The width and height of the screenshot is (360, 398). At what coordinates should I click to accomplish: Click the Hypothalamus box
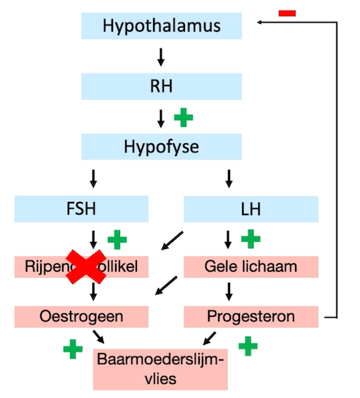[x=162, y=26]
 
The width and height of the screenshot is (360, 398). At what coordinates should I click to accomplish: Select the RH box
[x=162, y=87]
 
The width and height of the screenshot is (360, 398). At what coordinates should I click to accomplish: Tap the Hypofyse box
[x=162, y=147]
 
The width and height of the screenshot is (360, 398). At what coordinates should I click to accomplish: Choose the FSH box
[x=82, y=209]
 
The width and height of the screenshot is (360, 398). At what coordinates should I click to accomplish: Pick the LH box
[x=251, y=209]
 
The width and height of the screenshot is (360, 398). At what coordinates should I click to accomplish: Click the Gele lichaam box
[x=251, y=267]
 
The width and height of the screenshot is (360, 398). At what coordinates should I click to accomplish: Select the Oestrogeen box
[x=82, y=316]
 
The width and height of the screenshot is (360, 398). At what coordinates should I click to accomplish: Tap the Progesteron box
[x=251, y=316]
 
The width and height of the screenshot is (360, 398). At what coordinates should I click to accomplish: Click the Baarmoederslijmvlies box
[x=160, y=368]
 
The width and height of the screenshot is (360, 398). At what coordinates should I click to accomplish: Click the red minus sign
[x=287, y=13]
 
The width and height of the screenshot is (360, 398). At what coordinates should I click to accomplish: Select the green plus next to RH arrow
[x=183, y=117]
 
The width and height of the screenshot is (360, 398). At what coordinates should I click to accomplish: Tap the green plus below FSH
[x=117, y=239]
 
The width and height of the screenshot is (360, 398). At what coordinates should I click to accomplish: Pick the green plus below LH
[x=251, y=239]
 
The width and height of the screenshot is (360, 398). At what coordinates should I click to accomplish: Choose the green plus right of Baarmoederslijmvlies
[x=248, y=346]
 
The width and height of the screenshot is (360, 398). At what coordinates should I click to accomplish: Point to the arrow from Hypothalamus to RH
[x=161, y=56]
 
